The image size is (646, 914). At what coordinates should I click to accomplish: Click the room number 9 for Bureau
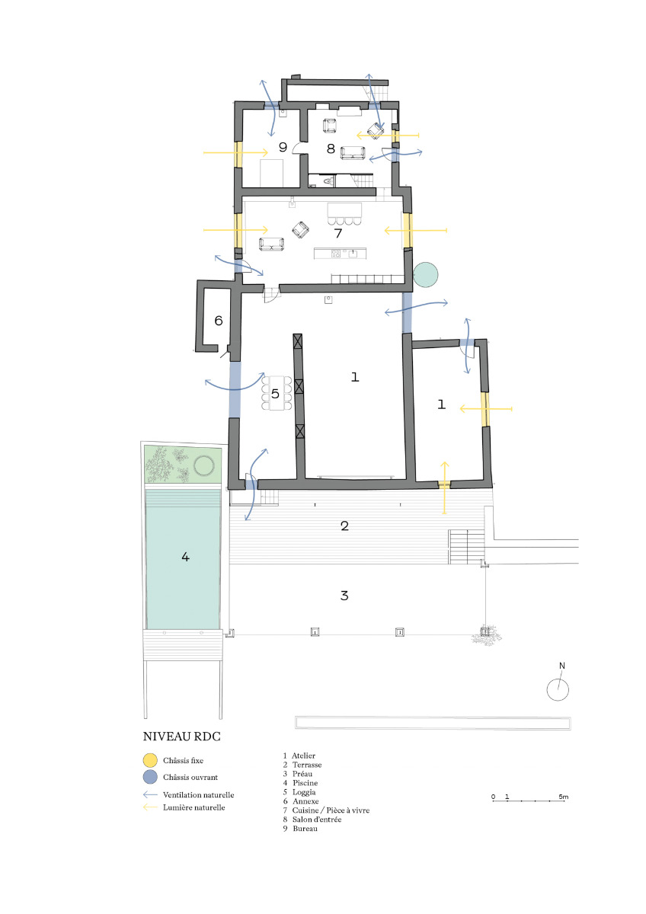(x=282, y=147)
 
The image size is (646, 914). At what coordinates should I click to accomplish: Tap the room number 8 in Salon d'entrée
(x=331, y=149)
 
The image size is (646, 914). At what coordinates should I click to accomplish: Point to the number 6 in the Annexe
(x=218, y=321)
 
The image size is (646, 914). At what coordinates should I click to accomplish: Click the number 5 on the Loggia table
(x=276, y=394)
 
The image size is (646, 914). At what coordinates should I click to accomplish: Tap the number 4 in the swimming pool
(x=185, y=557)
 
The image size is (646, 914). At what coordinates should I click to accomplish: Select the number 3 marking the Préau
(x=344, y=595)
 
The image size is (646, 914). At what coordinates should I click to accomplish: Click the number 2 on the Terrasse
(x=344, y=526)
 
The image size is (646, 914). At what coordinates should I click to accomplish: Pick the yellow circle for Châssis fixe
(x=150, y=760)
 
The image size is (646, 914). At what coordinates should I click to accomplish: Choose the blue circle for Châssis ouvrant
(x=150, y=778)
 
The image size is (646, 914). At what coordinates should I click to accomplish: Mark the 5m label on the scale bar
(x=563, y=797)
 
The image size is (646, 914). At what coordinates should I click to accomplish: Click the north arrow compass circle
(x=558, y=689)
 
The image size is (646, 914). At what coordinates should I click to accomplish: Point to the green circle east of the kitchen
(x=425, y=273)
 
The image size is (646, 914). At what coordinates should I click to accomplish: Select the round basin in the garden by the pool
(x=204, y=465)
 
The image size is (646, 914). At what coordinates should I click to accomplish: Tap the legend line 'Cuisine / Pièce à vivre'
(x=331, y=810)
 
